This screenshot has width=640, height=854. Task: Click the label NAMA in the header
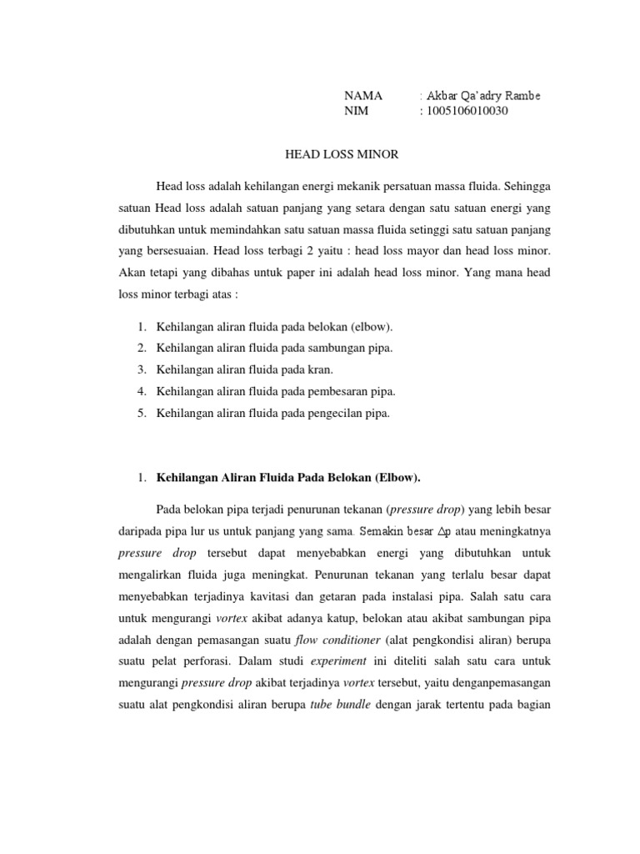point(363,96)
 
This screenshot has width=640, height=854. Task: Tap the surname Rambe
point(519,96)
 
